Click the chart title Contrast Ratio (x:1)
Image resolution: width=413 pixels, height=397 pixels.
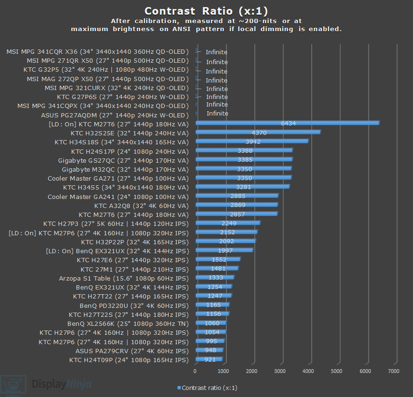206,11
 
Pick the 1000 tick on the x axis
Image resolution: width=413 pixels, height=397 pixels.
224,371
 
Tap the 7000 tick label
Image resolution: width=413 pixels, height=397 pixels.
393,371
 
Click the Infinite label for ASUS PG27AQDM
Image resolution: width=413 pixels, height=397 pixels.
217,113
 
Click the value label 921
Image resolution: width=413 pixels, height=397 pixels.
210,360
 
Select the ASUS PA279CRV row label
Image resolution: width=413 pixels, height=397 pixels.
132,351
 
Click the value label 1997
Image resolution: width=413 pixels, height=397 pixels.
225,250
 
